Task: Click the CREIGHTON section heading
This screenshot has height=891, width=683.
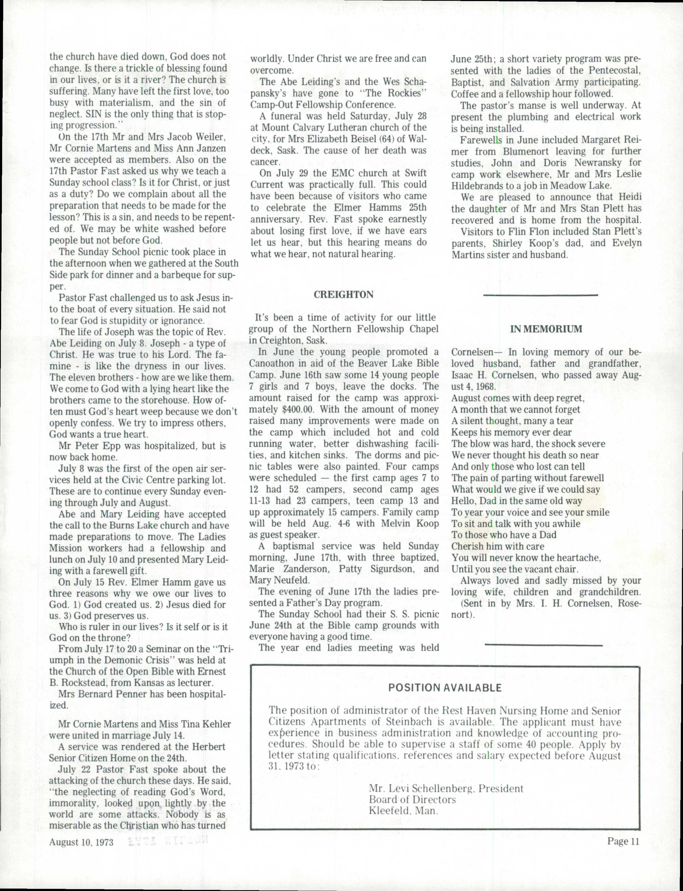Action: click(x=344, y=295)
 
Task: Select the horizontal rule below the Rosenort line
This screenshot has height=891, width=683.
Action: click(x=544, y=645)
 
